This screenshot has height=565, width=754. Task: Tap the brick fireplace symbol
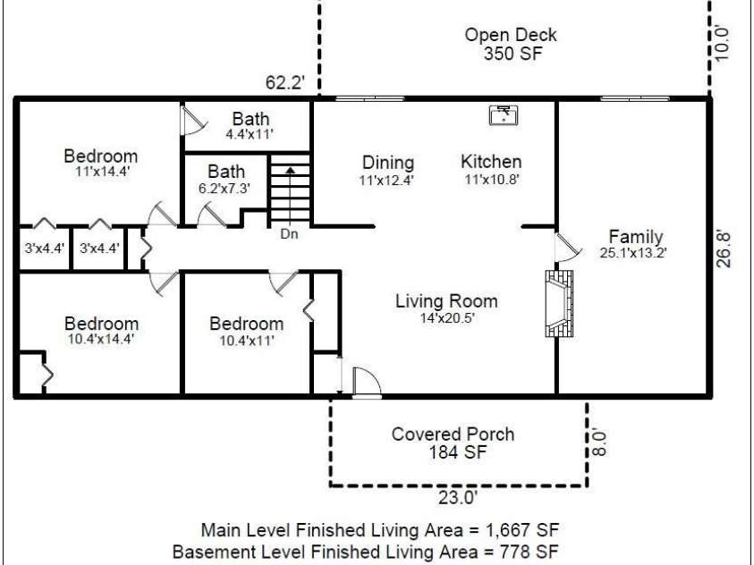coord(555,304)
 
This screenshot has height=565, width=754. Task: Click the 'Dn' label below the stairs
coord(289,235)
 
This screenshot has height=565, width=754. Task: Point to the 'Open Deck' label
coord(511,35)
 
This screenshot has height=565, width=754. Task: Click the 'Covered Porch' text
coord(453,434)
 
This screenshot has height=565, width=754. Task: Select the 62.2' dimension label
coord(286,83)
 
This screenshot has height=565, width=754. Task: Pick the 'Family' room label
coord(635,237)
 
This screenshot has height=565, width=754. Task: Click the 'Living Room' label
coord(446,300)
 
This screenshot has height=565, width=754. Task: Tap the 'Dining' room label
coord(388,163)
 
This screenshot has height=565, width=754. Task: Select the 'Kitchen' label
coord(491,162)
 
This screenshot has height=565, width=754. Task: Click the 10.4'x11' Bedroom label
coord(246,340)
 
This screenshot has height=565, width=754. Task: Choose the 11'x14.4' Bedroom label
coord(100,172)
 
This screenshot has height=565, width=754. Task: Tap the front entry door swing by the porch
coord(367,382)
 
